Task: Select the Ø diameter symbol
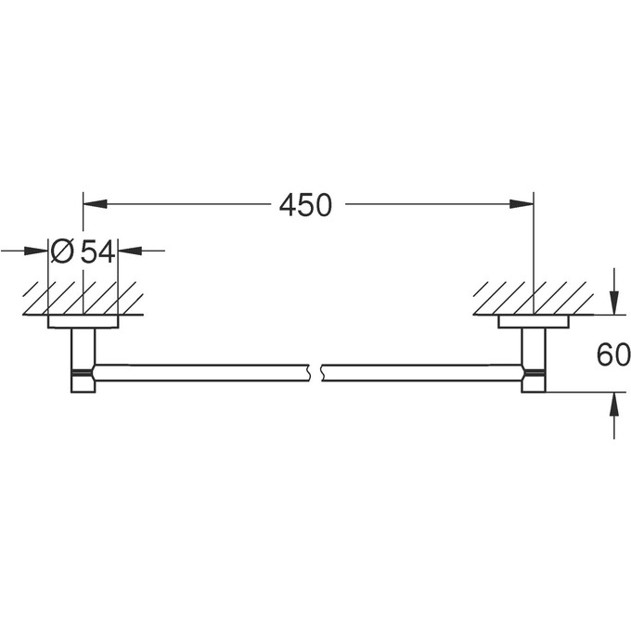62,251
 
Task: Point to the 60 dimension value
613,354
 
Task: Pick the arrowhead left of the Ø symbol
38,250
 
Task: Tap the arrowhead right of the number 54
129,250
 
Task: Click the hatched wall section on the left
82,298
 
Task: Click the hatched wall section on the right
533,298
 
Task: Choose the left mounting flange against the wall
84,322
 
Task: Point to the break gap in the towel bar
314,372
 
